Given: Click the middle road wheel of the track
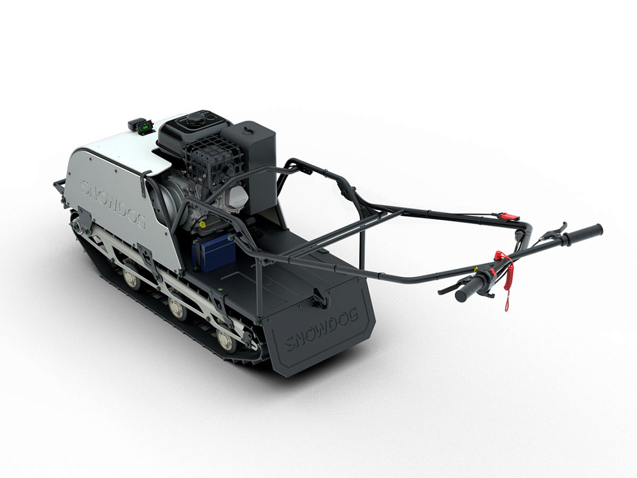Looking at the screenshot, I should pos(176,309).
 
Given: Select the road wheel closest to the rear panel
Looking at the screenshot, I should pos(225,340).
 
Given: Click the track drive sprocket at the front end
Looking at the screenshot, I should pos(78,224).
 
